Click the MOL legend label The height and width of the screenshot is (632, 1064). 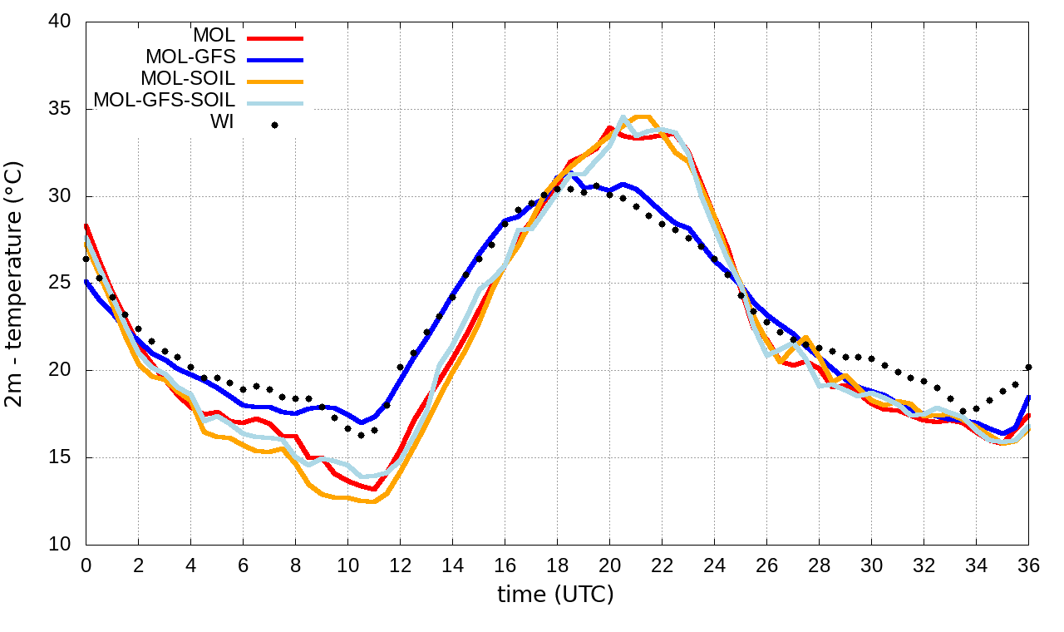pyautogui.click(x=214, y=36)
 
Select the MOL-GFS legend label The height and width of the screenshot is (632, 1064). pyautogui.click(x=190, y=57)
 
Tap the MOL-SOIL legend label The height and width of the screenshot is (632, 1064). pyautogui.click(x=188, y=79)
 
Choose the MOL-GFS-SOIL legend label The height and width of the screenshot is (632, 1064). pyautogui.click(x=165, y=101)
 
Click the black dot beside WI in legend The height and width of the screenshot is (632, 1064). pyautogui.click(x=274, y=125)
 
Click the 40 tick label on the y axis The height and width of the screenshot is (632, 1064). pyautogui.click(x=61, y=22)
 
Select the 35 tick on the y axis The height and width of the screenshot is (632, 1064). pyautogui.click(x=61, y=110)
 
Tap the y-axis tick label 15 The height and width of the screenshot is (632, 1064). pyautogui.click(x=61, y=457)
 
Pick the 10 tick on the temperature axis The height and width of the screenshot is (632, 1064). pyautogui.click(x=61, y=545)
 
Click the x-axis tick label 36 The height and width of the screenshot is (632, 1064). pyautogui.click(x=1029, y=565)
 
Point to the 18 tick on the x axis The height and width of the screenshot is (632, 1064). pyautogui.click(x=557, y=565)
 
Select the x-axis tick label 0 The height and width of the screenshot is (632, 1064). pyautogui.click(x=86, y=565)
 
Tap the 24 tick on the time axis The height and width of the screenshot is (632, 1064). pyautogui.click(x=714, y=565)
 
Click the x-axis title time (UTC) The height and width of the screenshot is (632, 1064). pyautogui.click(x=555, y=595)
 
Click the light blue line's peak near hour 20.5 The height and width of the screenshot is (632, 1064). pyautogui.click(x=623, y=117)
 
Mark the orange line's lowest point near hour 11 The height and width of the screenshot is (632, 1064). pyautogui.click(x=373, y=501)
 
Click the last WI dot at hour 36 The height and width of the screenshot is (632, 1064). pyautogui.click(x=1028, y=367)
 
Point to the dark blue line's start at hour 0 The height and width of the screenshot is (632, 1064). pyautogui.click(x=86, y=281)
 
